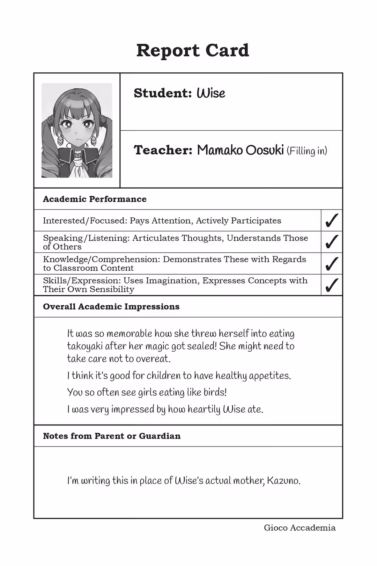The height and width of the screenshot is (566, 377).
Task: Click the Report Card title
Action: [x=192, y=51]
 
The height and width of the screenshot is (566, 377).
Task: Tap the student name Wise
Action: [x=211, y=93]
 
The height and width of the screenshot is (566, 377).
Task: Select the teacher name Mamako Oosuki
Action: [x=240, y=150]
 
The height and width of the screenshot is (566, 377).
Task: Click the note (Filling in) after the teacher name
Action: [x=307, y=151]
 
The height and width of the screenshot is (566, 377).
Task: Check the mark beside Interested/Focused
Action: [x=331, y=220]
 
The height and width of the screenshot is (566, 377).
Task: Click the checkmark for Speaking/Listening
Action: [x=331, y=242]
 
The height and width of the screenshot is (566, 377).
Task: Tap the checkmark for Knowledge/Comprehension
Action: [x=331, y=263]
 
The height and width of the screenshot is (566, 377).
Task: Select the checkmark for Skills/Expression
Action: [x=331, y=285]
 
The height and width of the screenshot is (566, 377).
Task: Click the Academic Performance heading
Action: [x=95, y=199]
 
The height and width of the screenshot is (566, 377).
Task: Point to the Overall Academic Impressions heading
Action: [x=111, y=307]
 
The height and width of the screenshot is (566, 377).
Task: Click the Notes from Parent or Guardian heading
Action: [x=112, y=436]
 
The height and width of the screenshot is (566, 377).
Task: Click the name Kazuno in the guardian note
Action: [x=283, y=481]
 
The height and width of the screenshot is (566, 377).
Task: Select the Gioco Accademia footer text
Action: [x=300, y=528]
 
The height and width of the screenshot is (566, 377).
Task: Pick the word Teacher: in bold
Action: [x=163, y=150]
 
